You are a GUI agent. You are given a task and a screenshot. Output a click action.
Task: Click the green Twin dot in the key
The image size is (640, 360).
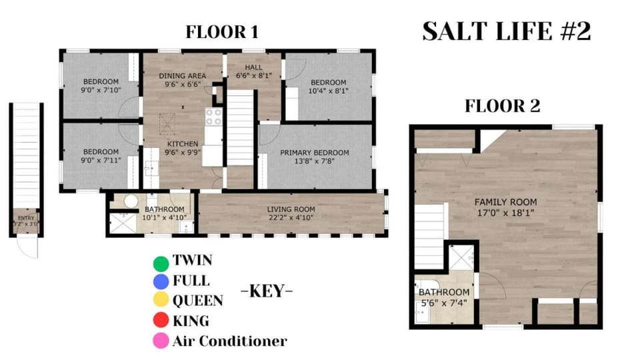(161, 263)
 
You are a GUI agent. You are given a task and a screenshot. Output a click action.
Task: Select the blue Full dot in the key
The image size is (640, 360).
(161, 281)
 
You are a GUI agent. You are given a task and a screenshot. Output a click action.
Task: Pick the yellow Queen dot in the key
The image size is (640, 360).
(161, 299)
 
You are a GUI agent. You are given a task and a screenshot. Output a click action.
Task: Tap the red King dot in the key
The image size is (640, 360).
(161, 320)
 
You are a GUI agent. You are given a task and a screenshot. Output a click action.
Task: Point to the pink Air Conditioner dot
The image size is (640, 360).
(161, 341)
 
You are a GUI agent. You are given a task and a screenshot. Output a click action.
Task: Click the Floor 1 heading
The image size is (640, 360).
(222, 32)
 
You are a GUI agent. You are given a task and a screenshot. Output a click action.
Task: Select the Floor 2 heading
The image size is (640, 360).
(503, 106)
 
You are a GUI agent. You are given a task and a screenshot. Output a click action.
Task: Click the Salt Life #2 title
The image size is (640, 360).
(507, 31)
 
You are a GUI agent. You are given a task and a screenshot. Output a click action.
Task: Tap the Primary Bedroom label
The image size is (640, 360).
(314, 153)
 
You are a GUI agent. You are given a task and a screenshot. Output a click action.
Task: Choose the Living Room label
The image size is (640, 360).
(291, 209)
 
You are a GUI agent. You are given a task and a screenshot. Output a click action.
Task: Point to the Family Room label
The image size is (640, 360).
(506, 202)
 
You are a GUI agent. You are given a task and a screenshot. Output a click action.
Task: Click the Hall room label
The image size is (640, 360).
(254, 67)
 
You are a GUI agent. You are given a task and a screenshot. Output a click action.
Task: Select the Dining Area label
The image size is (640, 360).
(183, 76)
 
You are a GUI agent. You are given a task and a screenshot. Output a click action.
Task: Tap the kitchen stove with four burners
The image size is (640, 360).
(213, 117)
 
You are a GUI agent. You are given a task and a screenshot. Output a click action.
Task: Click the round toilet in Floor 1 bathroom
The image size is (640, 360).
(131, 201)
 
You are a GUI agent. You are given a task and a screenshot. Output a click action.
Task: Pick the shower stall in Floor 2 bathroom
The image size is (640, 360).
(461, 257)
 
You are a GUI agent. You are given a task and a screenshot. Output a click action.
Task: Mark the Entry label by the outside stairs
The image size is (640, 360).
(26, 219)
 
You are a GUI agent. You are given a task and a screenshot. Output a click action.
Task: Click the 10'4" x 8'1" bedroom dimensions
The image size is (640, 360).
(328, 91)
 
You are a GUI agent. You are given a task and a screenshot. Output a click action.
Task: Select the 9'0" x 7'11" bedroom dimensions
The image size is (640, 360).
(101, 161)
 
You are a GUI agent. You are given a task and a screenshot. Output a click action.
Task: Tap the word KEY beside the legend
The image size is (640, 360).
(267, 291)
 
